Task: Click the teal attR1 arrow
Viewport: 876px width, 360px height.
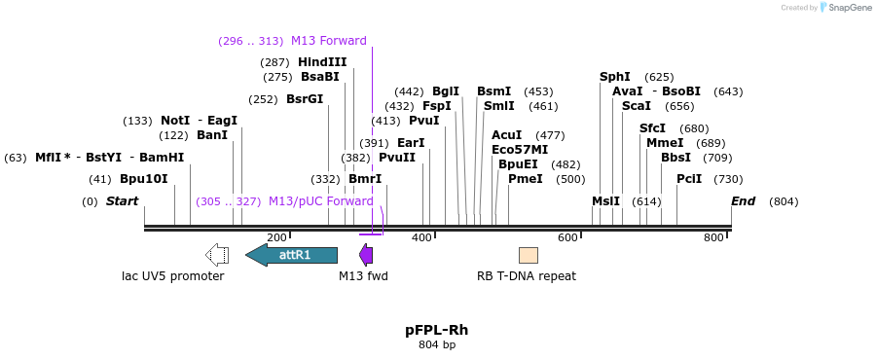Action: [x=292, y=255]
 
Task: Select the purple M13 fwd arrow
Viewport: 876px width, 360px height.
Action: [x=366, y=255]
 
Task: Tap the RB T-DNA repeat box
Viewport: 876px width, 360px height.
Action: [x=528, y=255]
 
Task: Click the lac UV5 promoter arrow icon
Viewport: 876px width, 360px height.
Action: [x=217, y=255]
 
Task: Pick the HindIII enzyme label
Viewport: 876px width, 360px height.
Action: [x=322, y=62]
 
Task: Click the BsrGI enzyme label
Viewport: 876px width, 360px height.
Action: [x=305, y=99]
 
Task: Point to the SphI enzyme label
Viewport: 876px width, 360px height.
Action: [x=615, y=77]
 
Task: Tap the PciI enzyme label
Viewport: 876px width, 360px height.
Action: [x=689, y=179]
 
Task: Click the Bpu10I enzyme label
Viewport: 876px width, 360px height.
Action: [x=144, y=179]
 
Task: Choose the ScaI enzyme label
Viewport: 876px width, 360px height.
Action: [x=637, y=106]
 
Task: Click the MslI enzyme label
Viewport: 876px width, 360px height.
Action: [x=605, y=201]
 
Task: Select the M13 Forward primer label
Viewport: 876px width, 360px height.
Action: [x=328, y=41]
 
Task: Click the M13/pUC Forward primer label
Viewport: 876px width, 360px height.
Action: [x=320, y=201]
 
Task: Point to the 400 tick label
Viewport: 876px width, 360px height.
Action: [x=421, y=237]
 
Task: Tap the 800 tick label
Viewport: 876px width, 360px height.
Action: [x=713, y=237]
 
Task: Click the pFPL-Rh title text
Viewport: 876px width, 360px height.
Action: [x=437, y=330]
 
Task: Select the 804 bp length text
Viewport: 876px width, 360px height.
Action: [x=437, y=344]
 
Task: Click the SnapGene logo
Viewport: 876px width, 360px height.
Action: [x=844, y=8]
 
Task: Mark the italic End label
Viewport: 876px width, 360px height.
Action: [x=744, y=201]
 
